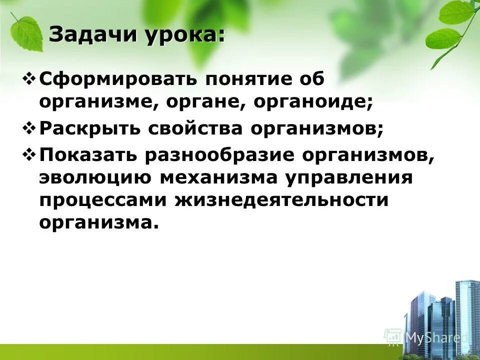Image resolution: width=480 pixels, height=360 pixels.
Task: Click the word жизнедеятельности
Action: point(281,200)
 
